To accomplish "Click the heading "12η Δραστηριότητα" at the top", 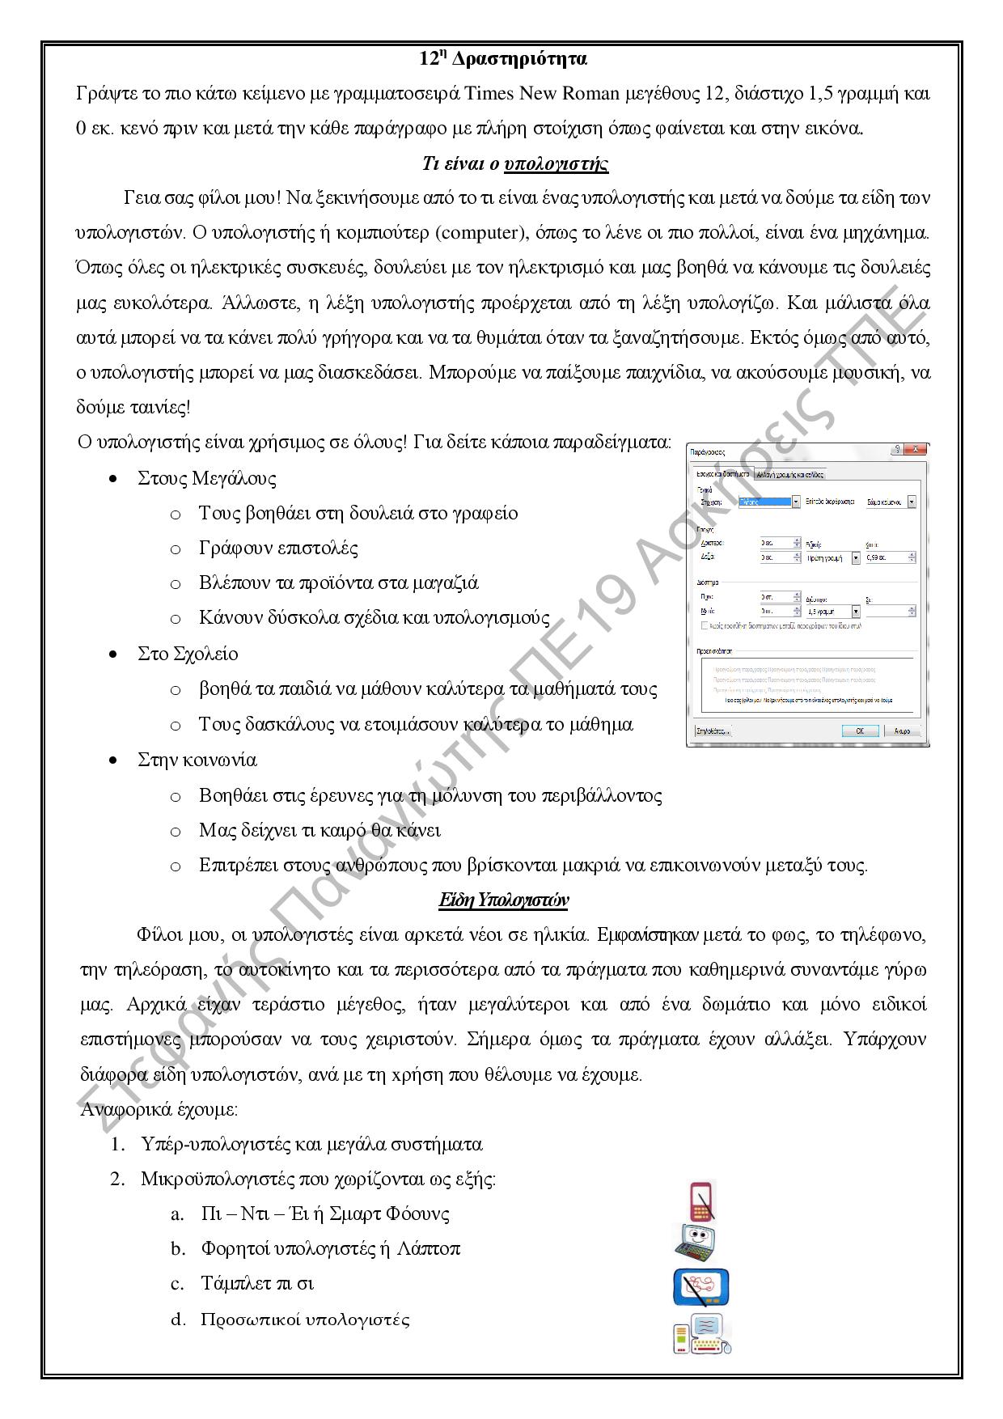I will click(x=502, y=59).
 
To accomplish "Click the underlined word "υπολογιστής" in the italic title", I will click(x=556, y=164).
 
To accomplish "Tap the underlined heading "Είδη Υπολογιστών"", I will click(x=503, y=900).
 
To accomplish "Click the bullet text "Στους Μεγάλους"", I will click(x=206, y=478).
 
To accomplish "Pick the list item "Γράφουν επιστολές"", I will click(x=278, y=548).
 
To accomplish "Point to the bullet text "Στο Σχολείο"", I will click(x=188, y=654).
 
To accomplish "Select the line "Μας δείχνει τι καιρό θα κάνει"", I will click(x=320, y=830).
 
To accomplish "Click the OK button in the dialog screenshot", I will click(x=859, y=731).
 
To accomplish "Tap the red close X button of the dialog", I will click(x=915, y=450).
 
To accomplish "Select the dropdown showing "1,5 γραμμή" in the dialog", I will click(x=832, y=612).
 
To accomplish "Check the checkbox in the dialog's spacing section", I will click(x=705, y=625).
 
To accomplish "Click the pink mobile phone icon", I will click(x=702, y=1201).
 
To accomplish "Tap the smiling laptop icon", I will click(x=696, y=1243).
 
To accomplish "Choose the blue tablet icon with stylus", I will click(x=700, y=1286).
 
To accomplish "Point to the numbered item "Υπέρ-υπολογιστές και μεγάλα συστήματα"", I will click(x=311, y=1144).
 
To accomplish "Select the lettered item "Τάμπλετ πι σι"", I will click(x=257, y=1283).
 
